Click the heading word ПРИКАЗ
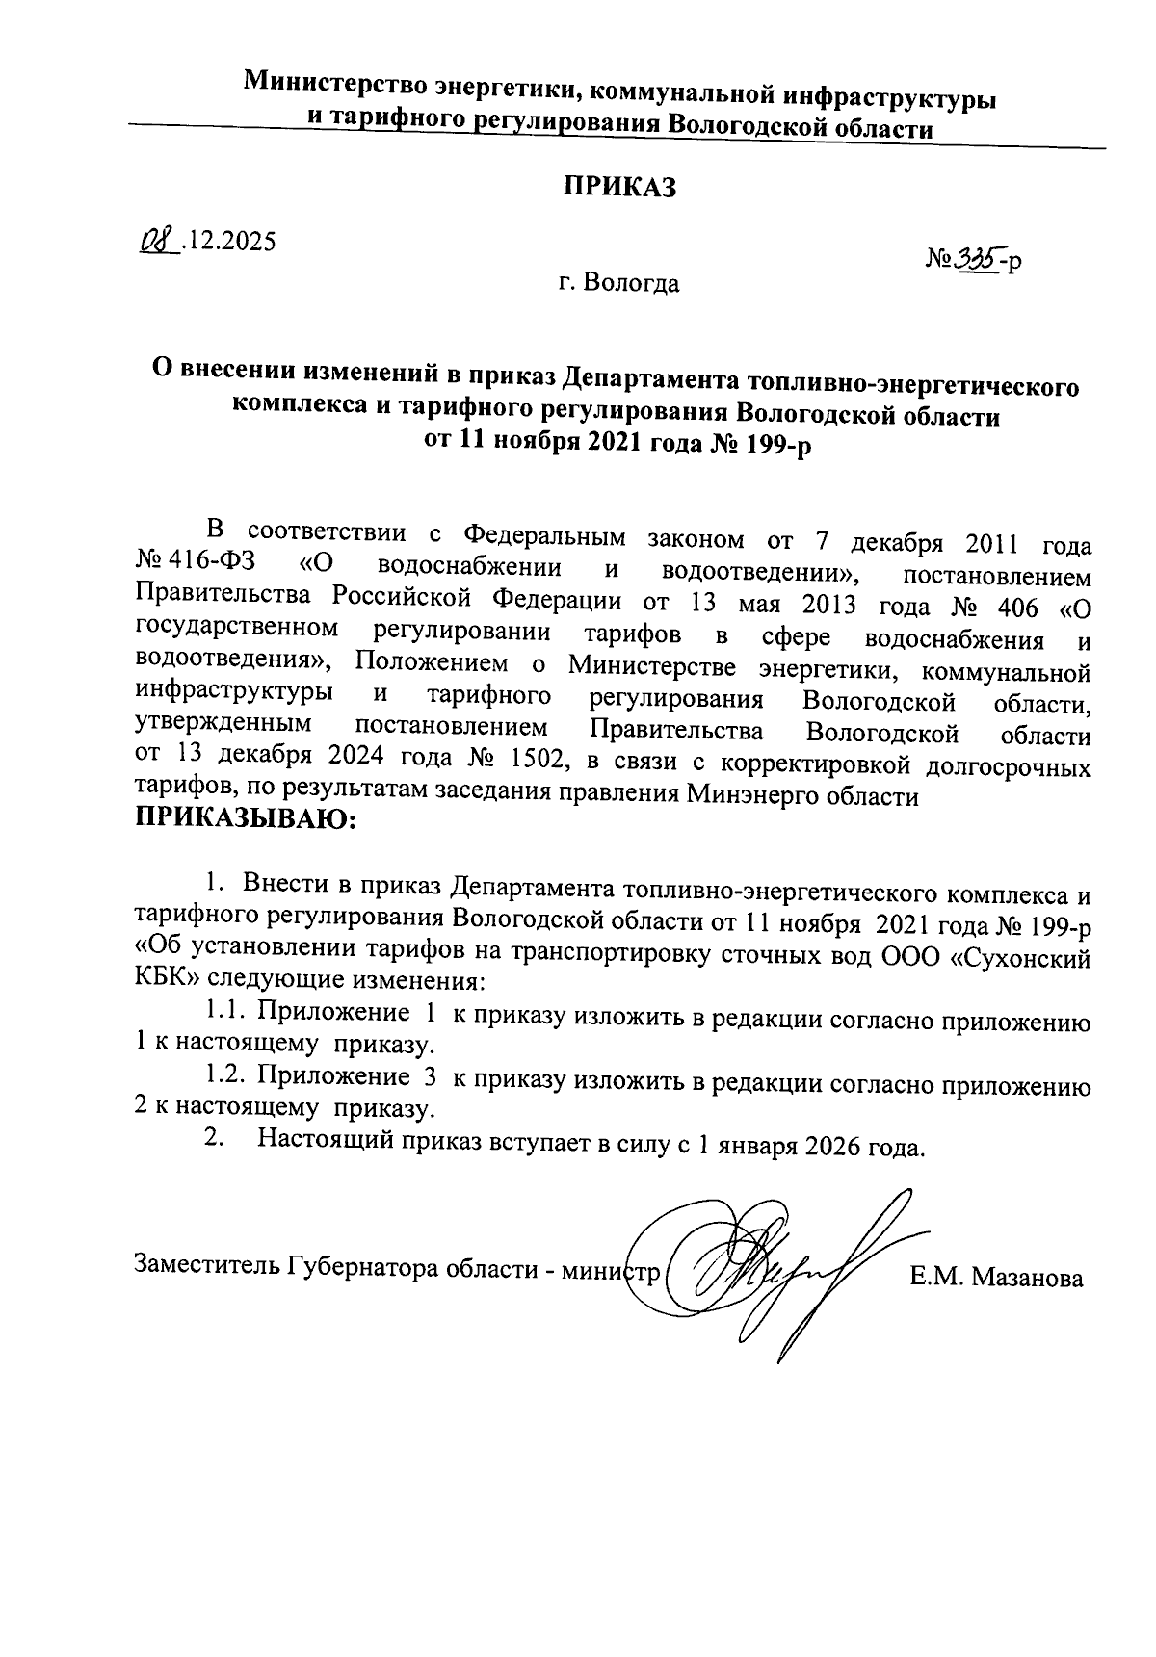(619, 188)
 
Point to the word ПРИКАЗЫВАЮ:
(246, 821)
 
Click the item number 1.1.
(225, 1014)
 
